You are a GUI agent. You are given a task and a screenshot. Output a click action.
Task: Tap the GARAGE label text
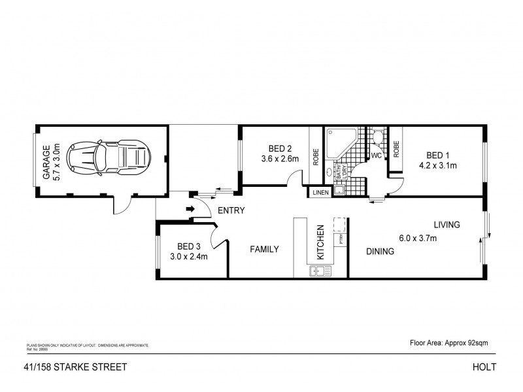(46, 163)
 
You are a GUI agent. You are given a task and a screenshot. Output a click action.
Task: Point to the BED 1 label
(437, 155)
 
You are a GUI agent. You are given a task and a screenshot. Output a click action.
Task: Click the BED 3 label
(188, 246)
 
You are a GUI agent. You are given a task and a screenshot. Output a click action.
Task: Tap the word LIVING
(446, 225)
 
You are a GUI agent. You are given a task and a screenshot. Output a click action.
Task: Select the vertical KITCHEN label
(320, 243)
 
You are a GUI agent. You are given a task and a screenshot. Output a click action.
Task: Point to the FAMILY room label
(264, 249)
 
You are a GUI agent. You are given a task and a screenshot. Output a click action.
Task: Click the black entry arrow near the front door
(190, 210)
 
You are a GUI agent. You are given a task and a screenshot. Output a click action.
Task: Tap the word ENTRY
(231, 210)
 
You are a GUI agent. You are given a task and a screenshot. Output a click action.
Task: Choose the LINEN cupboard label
(320, 193)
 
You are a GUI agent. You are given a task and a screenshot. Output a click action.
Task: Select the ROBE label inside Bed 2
(316, 157)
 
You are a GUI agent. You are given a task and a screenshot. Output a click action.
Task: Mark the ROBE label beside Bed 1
(396, 148)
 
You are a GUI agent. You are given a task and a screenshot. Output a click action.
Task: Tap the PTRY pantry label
(341, 239)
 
